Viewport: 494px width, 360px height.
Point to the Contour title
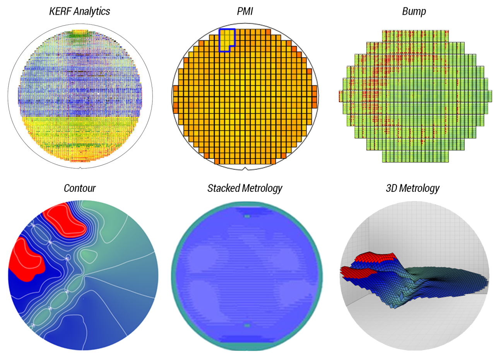80,188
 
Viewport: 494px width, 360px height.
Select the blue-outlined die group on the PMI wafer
226,39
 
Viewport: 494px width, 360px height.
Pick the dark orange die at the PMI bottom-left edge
205,156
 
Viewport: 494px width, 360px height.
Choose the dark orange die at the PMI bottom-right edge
284,155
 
